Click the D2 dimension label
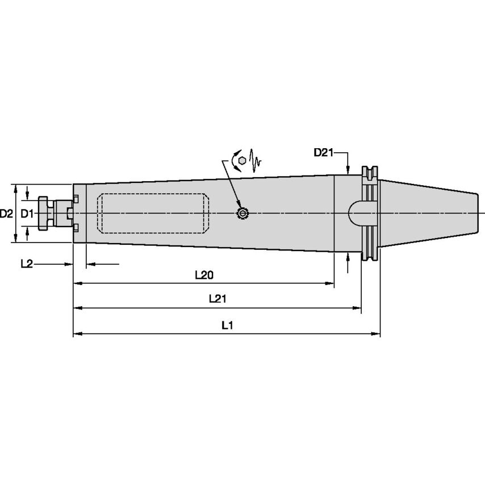[x=6, y=214]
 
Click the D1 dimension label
[x=27, y=214]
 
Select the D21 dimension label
[x=323, y=152]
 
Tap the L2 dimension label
[x=26, y=264]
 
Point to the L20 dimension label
[x=204, y=275]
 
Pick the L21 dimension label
[x=218, y=299]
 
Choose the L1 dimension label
[x=227, y=325]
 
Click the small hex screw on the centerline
[x=242, y=214]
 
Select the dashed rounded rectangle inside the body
[x=152, y=213]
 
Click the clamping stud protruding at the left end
[x=45, y=213]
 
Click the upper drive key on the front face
[x=76, y=198]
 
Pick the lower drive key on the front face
[x=76, y=228]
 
